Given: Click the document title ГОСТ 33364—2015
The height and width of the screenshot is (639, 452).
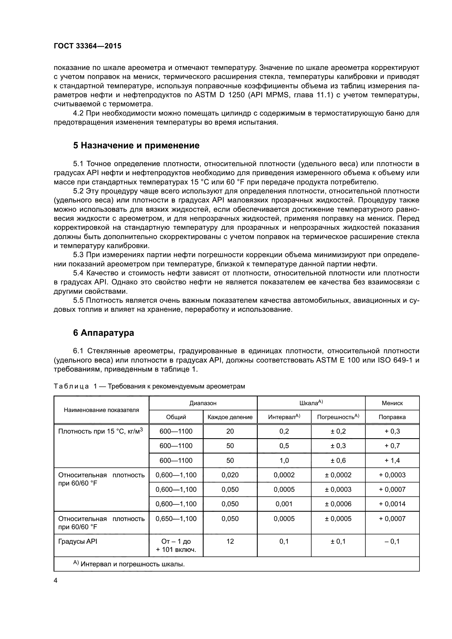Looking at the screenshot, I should pos(87,46).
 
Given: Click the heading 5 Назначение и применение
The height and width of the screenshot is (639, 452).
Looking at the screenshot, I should pos(136,146).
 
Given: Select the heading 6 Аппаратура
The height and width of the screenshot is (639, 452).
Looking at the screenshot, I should pos(103,333).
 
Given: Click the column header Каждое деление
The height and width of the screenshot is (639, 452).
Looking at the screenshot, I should pos(230,417).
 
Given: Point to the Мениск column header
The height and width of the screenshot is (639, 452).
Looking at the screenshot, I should pos(392,403).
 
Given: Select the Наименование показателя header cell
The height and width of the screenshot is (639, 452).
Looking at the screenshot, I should pos(101,410).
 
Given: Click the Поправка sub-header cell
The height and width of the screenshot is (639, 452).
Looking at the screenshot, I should pos(392,417).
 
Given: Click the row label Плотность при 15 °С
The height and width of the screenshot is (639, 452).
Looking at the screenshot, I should pos(100,432).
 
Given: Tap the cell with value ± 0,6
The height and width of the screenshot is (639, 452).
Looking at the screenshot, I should pos(338,461).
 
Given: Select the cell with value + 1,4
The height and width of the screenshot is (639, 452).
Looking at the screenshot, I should pos(392,461).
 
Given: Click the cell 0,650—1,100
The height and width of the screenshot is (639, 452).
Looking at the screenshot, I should pos(176,519).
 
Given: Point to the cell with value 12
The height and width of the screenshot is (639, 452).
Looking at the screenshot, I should pos(230,541).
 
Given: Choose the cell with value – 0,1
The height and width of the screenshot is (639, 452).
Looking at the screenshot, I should pos(392,541).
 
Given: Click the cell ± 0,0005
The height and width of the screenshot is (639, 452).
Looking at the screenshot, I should pos(338,519).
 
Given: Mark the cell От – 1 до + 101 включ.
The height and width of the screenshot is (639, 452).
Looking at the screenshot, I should pos(176,545).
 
